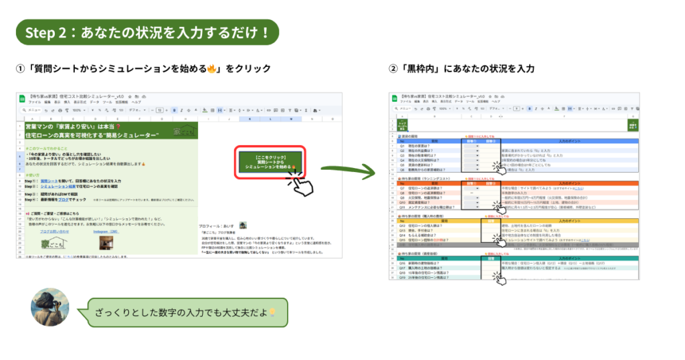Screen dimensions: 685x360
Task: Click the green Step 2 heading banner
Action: (147, 32)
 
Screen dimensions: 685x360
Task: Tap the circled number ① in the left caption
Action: (21, 69)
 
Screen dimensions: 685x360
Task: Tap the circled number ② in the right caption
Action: (393, 69)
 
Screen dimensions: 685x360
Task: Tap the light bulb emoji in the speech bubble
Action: (273, 312)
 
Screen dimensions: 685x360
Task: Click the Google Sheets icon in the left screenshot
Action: (21, 100)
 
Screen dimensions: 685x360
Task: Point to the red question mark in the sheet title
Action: (118, 126)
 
